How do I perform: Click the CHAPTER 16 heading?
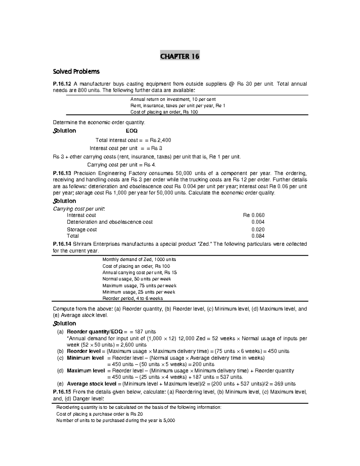pyautogui.click(x=180, y=56)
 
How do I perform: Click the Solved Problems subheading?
pyautogui.click(x=76, y=72)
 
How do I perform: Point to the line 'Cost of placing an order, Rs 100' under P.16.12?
pyautogui.click(x=164, y=112)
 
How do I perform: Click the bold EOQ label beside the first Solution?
pyautogui.click(x=132, y=131)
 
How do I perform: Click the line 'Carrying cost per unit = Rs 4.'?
pyautogui.click(x=121, y=165)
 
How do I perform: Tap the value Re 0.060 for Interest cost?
pyautogui.click(x=253, y=215)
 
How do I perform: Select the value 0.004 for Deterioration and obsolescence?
pyautogui.click(x=258, y=222)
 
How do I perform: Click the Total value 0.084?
pyautogui.click(x=258, y=236)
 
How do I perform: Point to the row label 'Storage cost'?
pyautogui.click(x=82, y=229)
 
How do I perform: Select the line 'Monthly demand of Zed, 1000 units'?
pyautogui.click(x=139, y=259)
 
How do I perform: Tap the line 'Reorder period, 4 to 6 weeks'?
pyautogui.click(x=133, y=298)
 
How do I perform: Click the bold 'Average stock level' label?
pyautogui.click(x=91, y=384)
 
